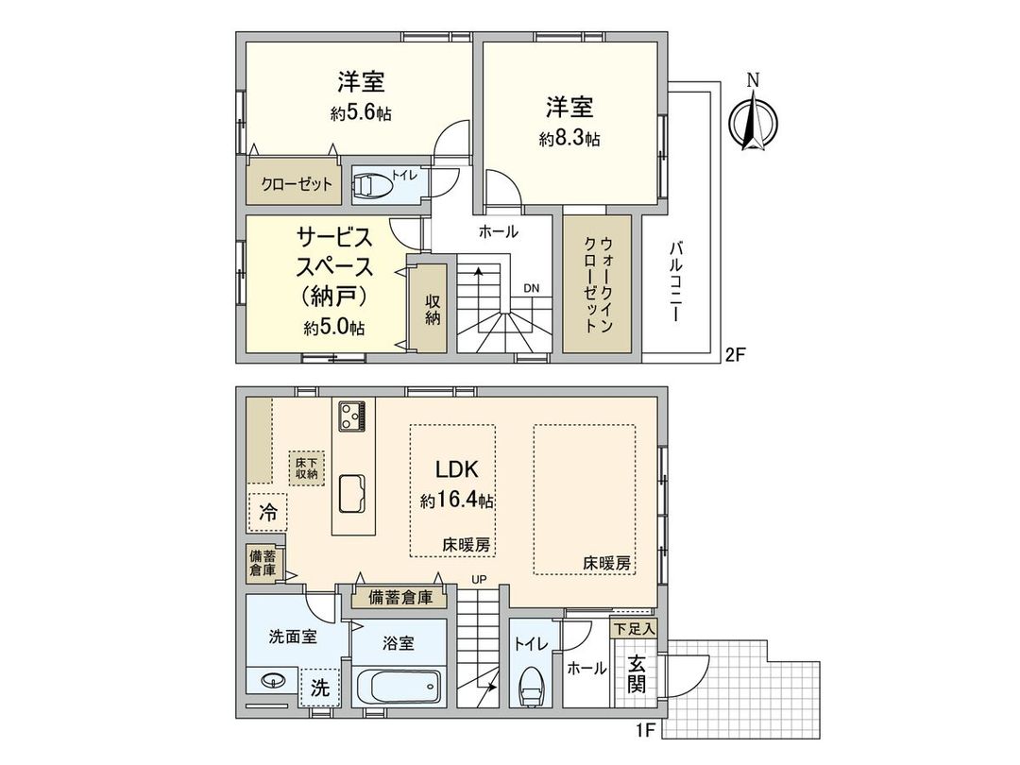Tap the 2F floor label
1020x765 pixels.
click(736, 356)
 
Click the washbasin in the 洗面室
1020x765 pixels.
click(273, 681)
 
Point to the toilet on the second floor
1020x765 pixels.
click(373, 184)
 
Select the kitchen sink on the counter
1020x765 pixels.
click(354, 490)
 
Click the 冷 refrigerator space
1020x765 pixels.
click(268, 514)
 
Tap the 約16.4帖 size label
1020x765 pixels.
click(457, 501)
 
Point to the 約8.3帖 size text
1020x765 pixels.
click(569, 139)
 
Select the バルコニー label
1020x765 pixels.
click(676, 281)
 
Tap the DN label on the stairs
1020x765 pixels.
click(532, 290)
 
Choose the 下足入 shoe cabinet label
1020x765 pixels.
click(634, 627)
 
